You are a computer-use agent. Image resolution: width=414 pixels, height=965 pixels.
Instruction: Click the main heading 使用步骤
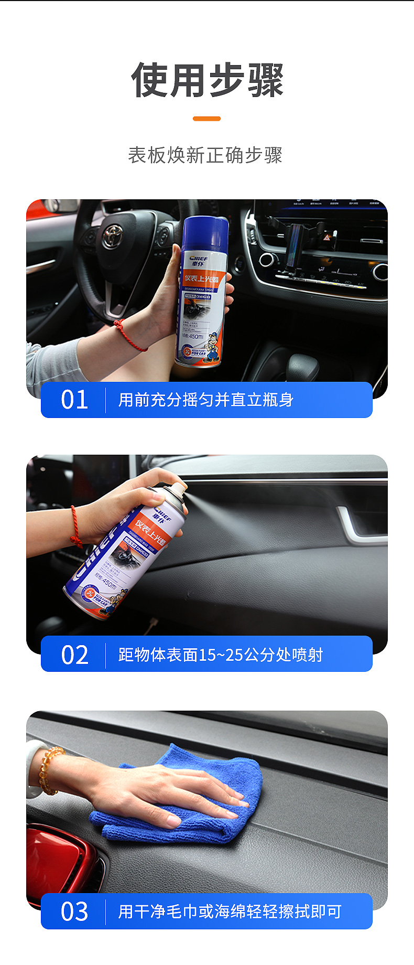(207, 81)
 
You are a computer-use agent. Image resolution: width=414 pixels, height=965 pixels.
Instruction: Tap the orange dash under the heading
(206, 119)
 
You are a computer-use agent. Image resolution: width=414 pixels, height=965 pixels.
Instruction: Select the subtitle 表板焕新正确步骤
(205, 155)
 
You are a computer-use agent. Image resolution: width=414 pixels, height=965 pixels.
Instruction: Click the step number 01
(74, 400)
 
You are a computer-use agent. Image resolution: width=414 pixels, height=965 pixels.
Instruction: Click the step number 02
(74, 655)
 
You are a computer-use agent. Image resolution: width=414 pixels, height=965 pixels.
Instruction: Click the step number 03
(74, 912)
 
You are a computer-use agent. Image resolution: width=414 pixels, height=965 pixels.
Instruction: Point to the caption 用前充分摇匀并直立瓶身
(205, 400)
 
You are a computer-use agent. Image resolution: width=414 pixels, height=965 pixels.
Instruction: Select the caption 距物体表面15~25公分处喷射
(220, 655)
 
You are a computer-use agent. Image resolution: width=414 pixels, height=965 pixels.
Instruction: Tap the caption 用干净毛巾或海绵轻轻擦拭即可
(230, 912)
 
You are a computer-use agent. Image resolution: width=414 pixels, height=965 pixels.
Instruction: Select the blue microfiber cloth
(183, 802)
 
